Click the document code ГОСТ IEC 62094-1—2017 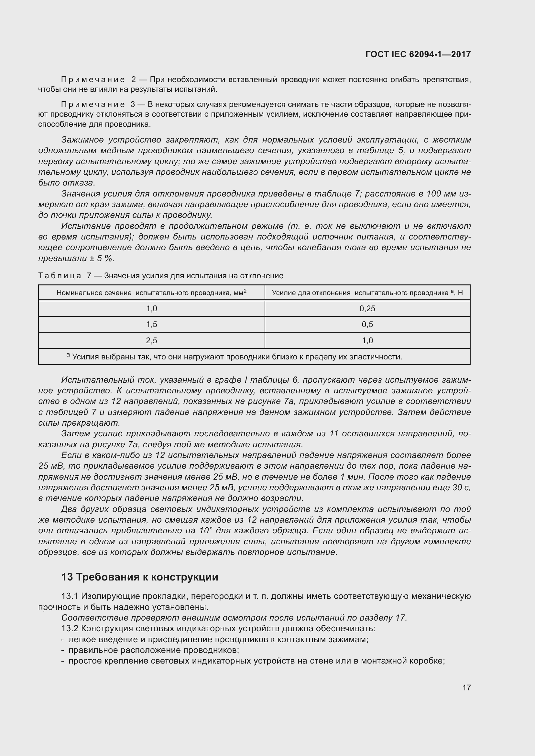pos(418,54)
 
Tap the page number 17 pos(466,687)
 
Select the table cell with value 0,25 pos(367,309)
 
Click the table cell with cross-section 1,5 pos(151,324)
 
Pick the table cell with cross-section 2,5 pos(151,340)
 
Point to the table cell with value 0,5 pos(367,324)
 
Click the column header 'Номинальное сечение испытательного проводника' pos(151,293)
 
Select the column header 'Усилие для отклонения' pos(367,293)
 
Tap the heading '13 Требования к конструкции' pos(140,577)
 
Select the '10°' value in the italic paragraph pos(206,530)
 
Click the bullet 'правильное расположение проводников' pos(153,650)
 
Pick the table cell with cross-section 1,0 pos(151,309)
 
